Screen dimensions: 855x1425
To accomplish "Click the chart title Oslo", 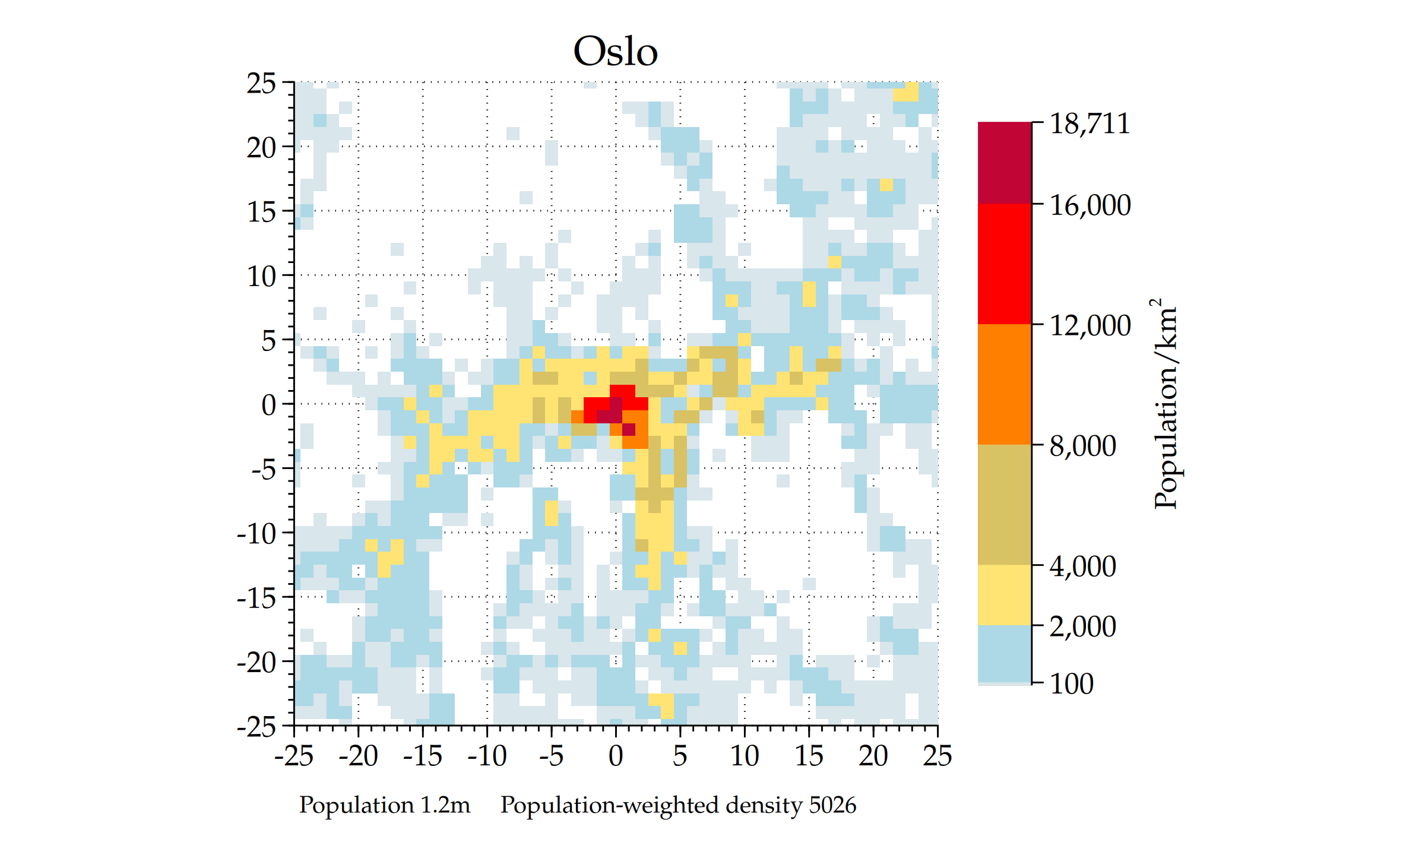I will [x=615, y=52].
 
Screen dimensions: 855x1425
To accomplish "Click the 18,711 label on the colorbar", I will [x=1090, y=123].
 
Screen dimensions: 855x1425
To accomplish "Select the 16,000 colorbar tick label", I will [x=1090, y=205].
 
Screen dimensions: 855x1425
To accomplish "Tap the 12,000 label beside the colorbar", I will [x=1090, y=325].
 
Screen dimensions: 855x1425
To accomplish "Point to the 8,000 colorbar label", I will [x=1082, y=446].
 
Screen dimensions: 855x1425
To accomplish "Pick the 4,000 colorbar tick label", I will [x=1082, y=566].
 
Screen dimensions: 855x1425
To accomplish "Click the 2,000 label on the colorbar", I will [x=1082, y=626].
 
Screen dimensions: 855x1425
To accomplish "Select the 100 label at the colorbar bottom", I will [x=1071, y=684].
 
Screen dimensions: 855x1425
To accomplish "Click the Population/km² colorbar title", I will [x=1165, y=404].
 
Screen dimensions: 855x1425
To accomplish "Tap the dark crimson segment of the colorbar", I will [x=1004, y=163].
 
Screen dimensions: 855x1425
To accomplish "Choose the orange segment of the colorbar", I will [x=1004, y=384].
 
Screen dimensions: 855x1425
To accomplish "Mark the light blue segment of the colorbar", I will [x=1004, y=653].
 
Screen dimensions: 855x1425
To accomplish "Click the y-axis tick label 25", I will [x=261, y=84].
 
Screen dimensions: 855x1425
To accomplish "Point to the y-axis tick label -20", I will [x=256, y=662].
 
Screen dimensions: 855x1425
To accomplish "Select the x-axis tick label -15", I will [x=422, y=756].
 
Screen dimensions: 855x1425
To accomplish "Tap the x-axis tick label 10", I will [x=744, y=756].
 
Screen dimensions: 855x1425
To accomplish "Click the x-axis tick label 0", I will [x=616, y=756].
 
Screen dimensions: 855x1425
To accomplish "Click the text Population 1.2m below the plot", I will [x=384, y=805].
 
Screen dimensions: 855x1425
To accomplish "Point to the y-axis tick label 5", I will [x=268, y=341].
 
